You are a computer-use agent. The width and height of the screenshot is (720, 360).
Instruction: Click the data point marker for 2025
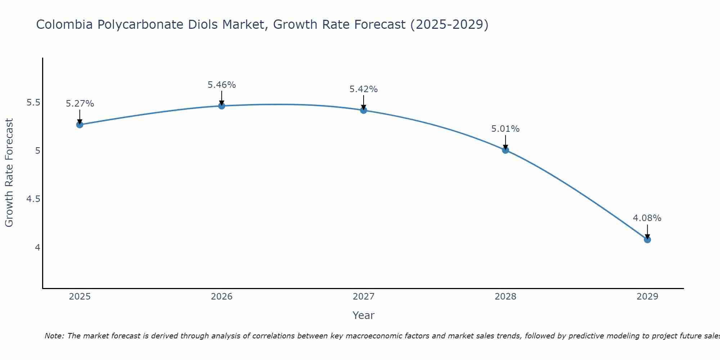point(80,125)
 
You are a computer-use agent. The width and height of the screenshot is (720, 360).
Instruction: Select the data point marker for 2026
point(222,106)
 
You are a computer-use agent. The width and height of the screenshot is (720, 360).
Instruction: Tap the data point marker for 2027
point(364,110)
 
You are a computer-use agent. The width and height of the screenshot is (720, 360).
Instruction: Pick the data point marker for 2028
point(505,150)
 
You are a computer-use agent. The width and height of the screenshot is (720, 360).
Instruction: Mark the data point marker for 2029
point(647,239)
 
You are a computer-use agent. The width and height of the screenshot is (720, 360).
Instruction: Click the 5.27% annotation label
point(80,104)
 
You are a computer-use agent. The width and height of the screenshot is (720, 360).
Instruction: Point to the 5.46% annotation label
point(222,85)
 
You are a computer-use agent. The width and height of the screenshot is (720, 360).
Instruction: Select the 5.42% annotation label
point(364,89)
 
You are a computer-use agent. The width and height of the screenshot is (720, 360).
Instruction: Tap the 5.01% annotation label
point(505,129)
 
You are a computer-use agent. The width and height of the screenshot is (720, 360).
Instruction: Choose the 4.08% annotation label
point(647,218)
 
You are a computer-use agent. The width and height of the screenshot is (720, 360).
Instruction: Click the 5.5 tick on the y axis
point(33,103)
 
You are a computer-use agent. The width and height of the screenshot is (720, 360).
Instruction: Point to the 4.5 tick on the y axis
point(33,199)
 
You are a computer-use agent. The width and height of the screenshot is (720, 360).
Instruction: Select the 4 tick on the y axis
point(37,247)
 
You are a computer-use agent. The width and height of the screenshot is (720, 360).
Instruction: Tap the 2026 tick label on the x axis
point(222,297)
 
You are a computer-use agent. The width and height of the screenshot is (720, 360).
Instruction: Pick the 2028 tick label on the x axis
point(505,297)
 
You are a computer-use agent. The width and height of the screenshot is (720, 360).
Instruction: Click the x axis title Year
point(364,315)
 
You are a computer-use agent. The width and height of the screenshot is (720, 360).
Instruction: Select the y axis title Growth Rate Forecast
point(9,173)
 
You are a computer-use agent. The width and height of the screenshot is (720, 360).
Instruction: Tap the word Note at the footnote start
point(54,336)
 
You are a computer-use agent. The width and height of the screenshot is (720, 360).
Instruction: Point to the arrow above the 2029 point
point(647,231)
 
